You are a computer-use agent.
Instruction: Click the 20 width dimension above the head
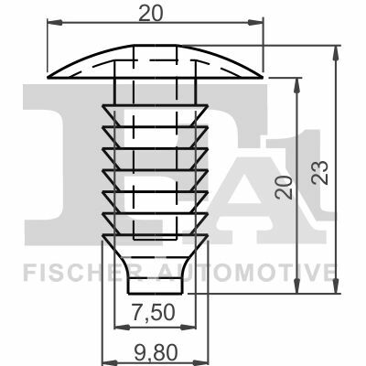point(151,14)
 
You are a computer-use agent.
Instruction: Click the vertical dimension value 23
point(319,172)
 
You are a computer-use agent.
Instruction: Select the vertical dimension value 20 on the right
point(285,187)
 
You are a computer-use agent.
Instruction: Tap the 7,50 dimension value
point(155,313)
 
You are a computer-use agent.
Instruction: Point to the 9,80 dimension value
point(156,354)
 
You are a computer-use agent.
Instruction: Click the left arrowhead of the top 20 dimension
point(55,22)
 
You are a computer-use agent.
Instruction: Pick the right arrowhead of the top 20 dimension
point(255,22)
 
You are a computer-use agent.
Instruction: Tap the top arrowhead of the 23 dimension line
point(336,53)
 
